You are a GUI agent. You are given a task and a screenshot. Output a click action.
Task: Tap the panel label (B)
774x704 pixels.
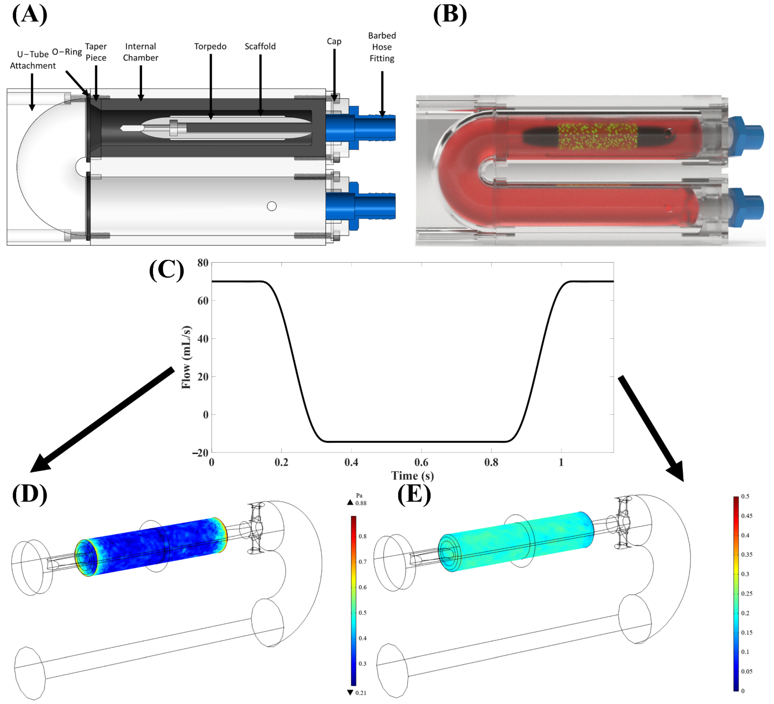(450, 15)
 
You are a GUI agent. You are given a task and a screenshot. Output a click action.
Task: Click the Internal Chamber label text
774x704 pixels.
(140, 52)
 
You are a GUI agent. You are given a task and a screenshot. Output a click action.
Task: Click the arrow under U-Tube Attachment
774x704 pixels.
(32, 92)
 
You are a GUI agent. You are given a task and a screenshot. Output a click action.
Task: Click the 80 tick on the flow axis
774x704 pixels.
(203, 263)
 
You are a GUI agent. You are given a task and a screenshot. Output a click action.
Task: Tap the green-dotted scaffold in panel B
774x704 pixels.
(597, 136)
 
